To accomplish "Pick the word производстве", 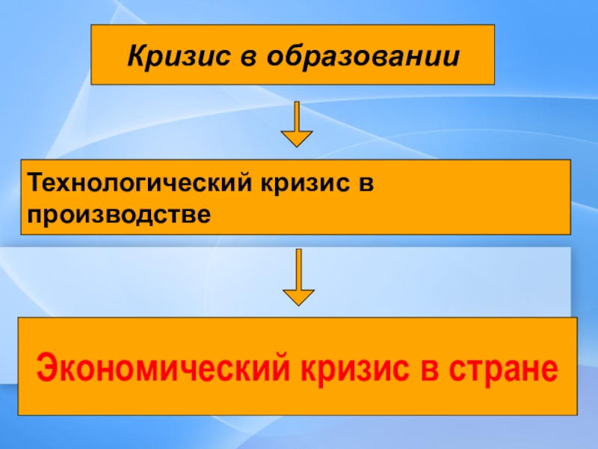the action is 117,213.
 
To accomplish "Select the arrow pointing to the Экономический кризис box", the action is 298,276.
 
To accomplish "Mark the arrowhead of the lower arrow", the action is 298,295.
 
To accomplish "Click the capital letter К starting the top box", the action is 135,56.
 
